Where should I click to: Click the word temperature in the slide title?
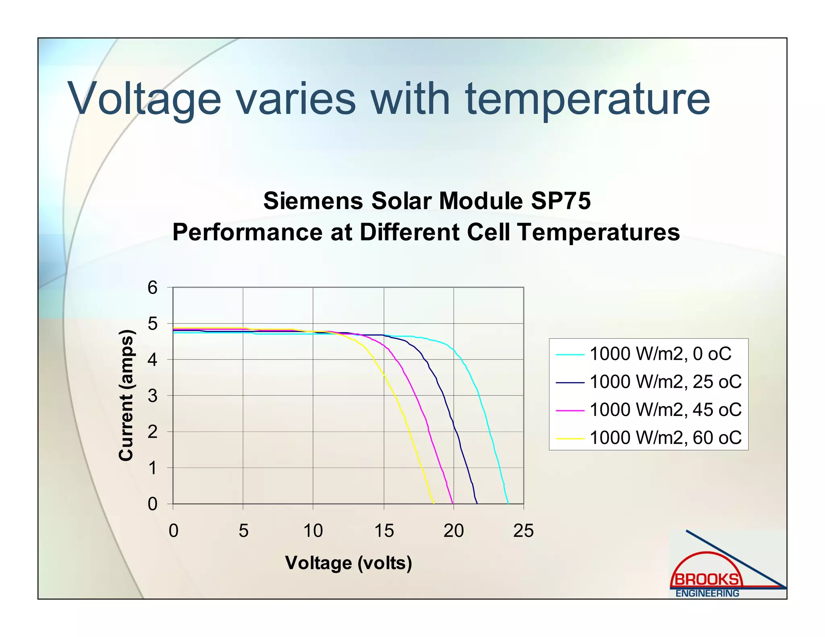pyautogui.click(x=587, y=99)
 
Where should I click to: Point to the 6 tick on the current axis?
pyautogui.click(x=152, y=288)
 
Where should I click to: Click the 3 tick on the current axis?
pyautogui.click(x=152, y=396)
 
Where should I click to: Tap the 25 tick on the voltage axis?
pyautogui.click(x=523, y=531)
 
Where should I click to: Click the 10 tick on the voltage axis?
pyautogui.click(x=313, y=531)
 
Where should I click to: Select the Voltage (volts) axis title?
pyautogui.click(x=348, y=563)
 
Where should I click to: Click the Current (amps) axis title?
pyautogui.click(x=126, y=395)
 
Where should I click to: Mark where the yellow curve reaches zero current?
pyautogui.click(x=433, y=503)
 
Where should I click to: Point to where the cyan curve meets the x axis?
pyautogui.click(x=508, y=503)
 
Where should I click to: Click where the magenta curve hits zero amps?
pyautogui.click(x=453, y=503)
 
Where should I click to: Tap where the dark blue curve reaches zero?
pyautogui.click(x=477, y=503)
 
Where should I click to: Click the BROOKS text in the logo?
pyautogui.click(x=707, y=580)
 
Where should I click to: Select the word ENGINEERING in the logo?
pyautogui.click(x=707, y=594)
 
